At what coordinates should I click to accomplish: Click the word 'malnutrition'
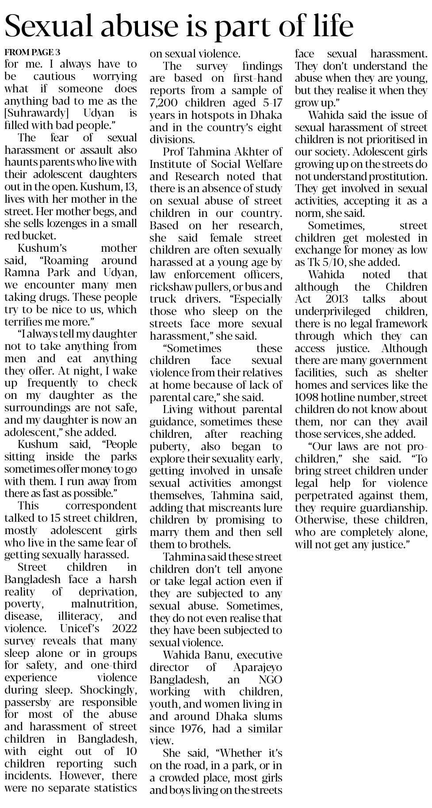[104, 603]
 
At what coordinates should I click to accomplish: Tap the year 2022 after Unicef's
[121, 628]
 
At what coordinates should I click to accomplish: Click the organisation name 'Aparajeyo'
[257, 667]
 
